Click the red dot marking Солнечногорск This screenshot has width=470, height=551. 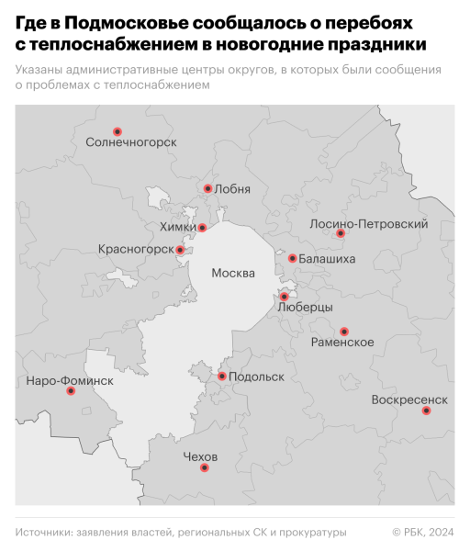117,131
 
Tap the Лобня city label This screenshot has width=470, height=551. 231,189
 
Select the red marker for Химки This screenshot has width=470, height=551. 203,228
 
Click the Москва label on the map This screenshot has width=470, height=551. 233,273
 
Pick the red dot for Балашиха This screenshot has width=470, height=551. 292,258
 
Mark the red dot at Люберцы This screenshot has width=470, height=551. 285,297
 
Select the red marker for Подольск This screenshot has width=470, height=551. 222,376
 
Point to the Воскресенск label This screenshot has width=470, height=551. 409,399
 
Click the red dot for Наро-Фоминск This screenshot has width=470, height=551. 71,391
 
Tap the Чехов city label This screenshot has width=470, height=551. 200,456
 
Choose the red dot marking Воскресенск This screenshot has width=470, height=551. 426,410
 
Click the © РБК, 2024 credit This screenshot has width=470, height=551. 423,532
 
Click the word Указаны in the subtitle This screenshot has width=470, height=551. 42,70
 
